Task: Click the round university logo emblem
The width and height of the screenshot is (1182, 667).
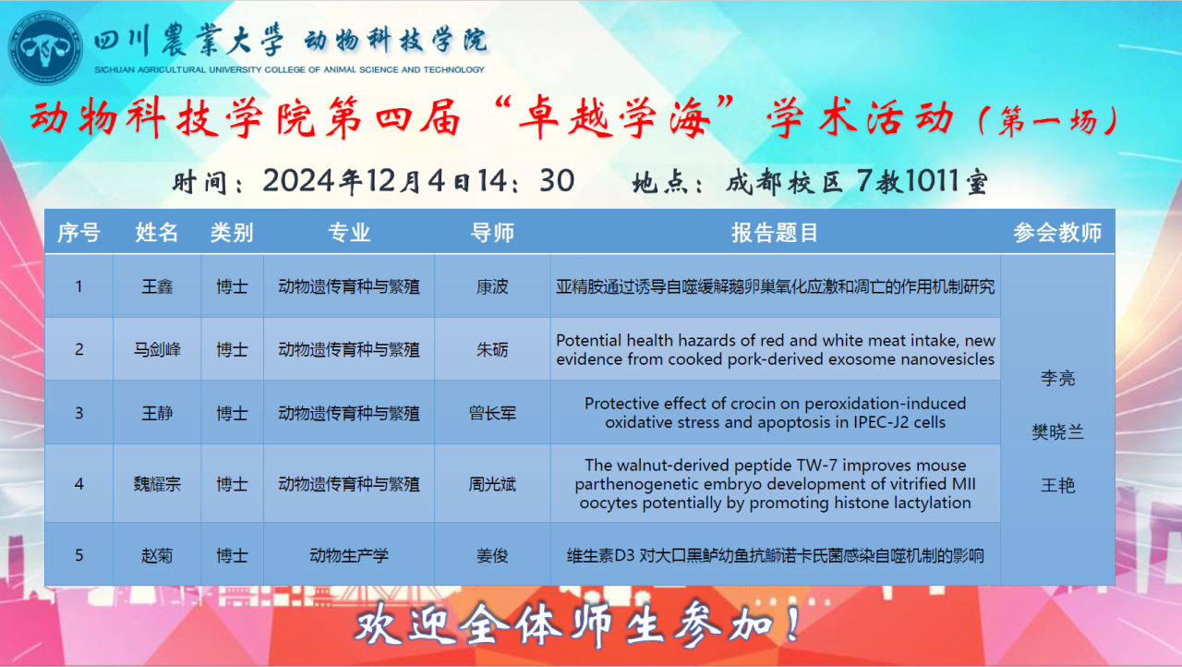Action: [x=45, y=47]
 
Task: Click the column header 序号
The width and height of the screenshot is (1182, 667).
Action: [x=78, y=233]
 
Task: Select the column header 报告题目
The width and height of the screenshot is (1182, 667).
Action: [x=775, y=233]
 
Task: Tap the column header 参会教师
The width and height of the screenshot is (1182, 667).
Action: [x=1057, y=233]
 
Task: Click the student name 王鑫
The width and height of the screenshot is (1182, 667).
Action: [x=157, y=286]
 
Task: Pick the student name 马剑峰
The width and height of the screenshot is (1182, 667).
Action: [x=157, y=349]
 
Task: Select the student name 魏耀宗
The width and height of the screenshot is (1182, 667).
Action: [x=157, y=484]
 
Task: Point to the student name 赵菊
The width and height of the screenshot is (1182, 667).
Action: [x=157, y=555]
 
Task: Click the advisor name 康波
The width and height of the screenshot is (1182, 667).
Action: [x=492, y=286]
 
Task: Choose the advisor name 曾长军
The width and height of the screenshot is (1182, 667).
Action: [x=492, y=413]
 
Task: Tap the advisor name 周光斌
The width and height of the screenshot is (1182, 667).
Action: [x=492, y=484]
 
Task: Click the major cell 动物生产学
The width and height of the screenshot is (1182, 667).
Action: [x=349, y=555]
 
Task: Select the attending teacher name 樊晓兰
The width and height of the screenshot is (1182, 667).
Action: [x=1057, y=432]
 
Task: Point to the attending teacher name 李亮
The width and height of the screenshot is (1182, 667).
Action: [x=1057, y=379]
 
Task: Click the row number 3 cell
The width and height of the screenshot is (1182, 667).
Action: [x=78, y=413]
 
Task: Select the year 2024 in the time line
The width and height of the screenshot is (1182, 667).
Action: [x=298, y=181]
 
